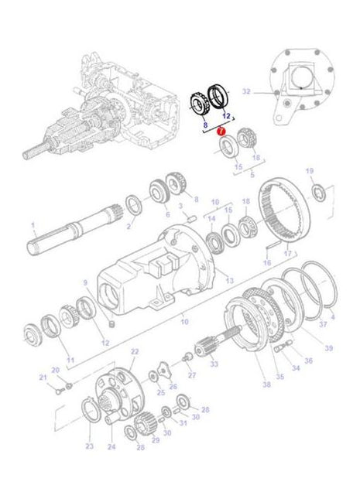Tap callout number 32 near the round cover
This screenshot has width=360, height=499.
click(246, 91)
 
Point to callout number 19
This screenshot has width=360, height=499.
click(310, 170)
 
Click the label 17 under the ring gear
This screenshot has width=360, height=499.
click(288, 253)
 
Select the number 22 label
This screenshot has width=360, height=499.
click(134, 352)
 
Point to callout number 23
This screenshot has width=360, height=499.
click(89, 447)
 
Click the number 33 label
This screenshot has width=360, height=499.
click(214, 364)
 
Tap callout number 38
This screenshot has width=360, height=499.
click(266, 385)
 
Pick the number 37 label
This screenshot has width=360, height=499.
click(324, 325)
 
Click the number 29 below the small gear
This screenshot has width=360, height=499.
click(155, 440)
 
